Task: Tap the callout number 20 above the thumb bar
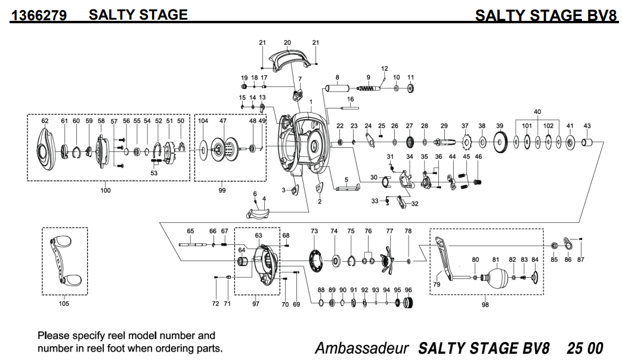tap(287, 43)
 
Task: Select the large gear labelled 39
tap(500, 143)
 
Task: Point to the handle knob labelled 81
tap(497, 277)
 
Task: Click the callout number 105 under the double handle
tap(64, 304)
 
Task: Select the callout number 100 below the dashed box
tap(106, 191)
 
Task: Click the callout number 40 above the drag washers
tap(537, 112)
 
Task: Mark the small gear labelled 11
tap(410, 89)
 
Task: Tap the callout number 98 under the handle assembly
tap(485, 304)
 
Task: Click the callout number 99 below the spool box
tap(222, 191)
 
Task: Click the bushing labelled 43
tap(587, 142)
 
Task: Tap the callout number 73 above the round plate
tap(314, 231)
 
